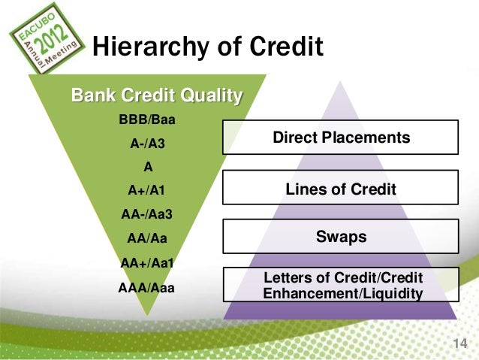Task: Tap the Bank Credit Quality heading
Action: click(x=156, y=96)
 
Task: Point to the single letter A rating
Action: click(x=147, y=167)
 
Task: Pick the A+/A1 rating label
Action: click(x=147, y=191)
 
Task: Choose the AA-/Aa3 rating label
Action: click(x=147, y=214)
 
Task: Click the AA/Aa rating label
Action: click(x=147, y=238)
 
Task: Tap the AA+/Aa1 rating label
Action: click(x=147, y=262)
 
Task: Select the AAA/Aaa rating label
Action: click(x=147, y=286)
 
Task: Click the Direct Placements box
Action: click(x=340, y=138)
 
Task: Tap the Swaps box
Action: click(x=340, y=237)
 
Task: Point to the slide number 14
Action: click(x=459, y=343)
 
